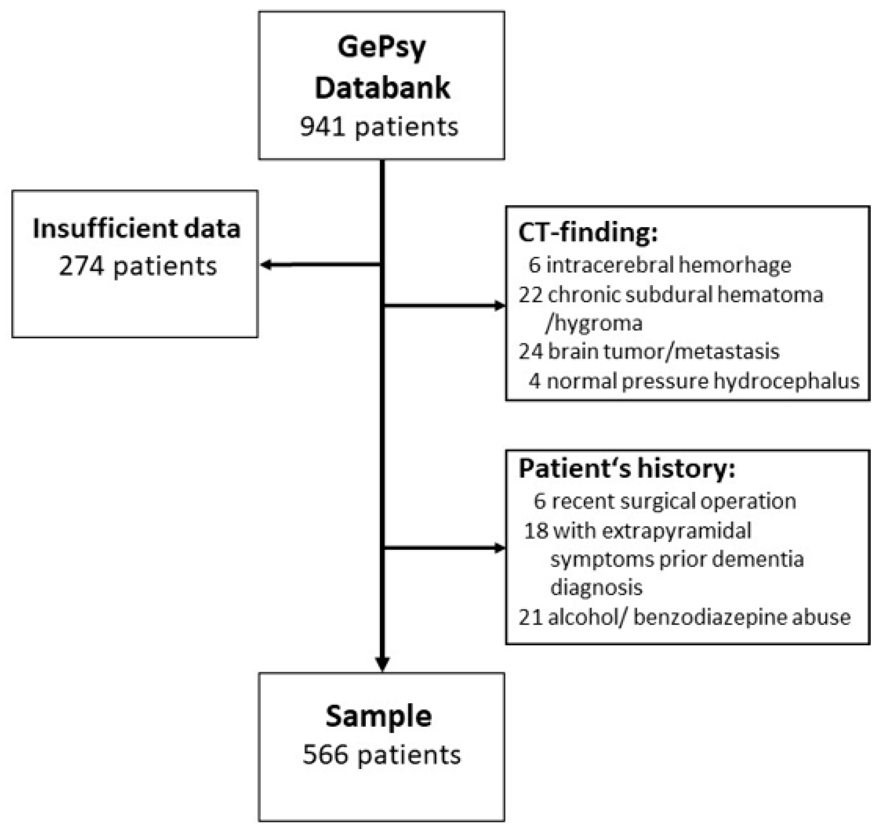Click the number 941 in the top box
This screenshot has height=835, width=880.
click(322, 127)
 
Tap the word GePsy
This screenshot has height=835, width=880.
click(381, 47)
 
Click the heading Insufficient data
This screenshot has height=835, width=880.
click(136, 229)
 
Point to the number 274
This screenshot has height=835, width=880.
click(82, 267)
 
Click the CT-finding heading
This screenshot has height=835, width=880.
click(588, 233)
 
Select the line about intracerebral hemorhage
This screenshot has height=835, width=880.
click(659, 265)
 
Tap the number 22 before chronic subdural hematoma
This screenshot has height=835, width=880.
click(531, 295)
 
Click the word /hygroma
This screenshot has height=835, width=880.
click(594, 323)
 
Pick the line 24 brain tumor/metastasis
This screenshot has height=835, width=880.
click(649, 352)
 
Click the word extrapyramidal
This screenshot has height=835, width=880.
click(662, 531)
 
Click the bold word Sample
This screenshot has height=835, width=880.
click(379, 716)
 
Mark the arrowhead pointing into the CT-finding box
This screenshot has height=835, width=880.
click(500, 306)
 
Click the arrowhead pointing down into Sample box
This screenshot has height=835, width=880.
click(382, 664)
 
